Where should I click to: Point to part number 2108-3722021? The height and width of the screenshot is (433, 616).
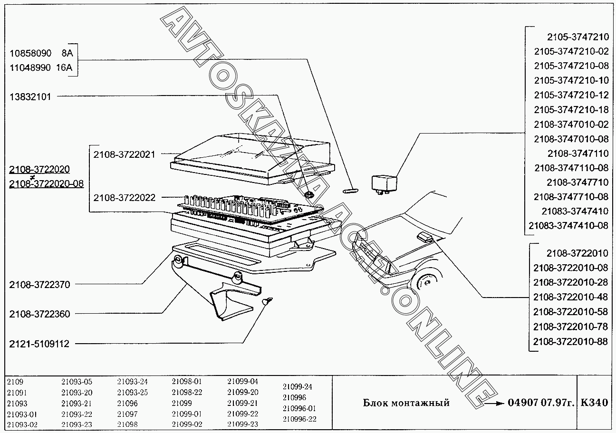click(125, 154)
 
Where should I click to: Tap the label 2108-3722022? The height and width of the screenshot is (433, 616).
click(125, 198)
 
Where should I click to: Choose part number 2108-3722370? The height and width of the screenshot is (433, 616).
click(39, 285)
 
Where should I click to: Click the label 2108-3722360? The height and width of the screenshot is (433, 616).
click(39, 314)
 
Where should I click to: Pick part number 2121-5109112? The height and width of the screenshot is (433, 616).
click(39, 344)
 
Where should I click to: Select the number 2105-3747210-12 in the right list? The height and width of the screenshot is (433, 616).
click(571, 95)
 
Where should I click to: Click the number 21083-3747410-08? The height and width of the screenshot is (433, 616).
click(568, 225)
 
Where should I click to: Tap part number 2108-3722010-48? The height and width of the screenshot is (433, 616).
click(570, 297)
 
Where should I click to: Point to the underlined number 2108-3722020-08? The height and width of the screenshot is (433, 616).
click(46, 183)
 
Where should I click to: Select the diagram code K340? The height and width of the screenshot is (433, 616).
click(594, 403)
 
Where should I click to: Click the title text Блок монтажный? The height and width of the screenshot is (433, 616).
click(406, 403)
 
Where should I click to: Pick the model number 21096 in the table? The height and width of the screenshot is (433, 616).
click(127, 403)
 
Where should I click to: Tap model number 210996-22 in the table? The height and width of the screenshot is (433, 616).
click(299, 419)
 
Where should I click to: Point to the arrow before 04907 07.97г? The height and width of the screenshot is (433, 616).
click(494, 404)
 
